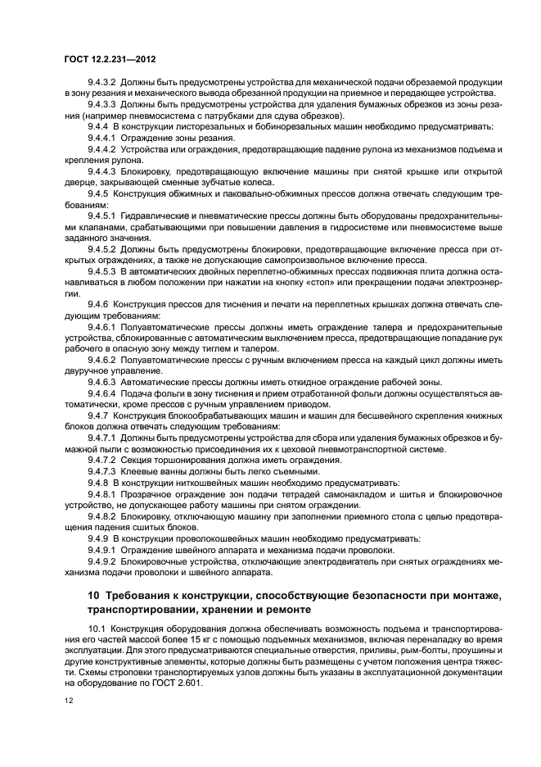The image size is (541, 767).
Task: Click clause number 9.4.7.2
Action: [x=101, y=460]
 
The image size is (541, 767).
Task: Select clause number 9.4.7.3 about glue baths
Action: [x=101, y=470]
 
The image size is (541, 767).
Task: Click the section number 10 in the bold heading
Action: [x=95, y=592]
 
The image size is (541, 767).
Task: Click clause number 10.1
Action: [x=96, y=628]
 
